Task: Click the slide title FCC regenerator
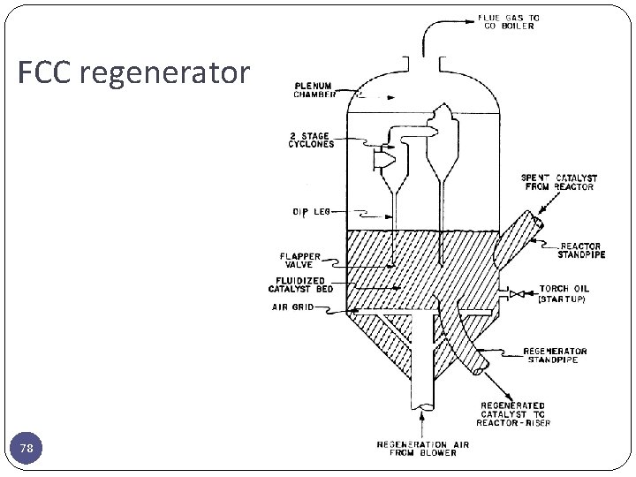point(133,72)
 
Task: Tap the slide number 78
point(27,450)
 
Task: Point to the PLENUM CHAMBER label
point(315,91)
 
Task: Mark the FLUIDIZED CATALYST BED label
point(301,285)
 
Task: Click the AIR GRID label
point(296,308)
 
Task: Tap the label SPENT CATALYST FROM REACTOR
point(559,182)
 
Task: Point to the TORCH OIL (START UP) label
point(564,293)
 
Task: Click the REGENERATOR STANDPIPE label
point(555,355)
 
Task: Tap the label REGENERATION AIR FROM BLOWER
point(417,448)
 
